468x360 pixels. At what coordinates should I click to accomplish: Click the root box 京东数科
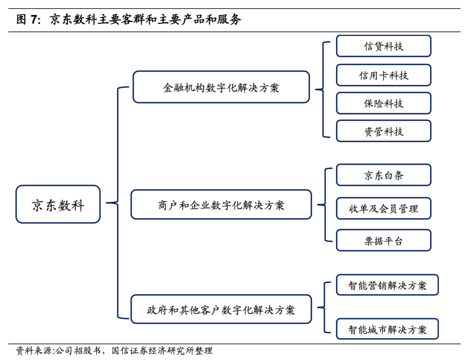click(x=58, y=204)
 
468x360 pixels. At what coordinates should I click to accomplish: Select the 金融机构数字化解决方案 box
click(x=221, y=87)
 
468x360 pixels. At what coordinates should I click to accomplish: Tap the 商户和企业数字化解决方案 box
click(x=221, y=204)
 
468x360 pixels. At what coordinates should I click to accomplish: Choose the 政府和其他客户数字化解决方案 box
click(x=221, y=309)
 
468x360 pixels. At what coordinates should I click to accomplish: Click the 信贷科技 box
click(x=383, y=46)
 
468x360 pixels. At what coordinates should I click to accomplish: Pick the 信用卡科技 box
click(x=383, y=75)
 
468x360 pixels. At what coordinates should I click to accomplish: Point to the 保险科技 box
click(x=383, y=103)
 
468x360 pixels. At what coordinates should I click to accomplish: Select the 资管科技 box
click(x=383, y=131)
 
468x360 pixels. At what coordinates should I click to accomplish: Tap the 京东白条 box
click(x=383, y=175)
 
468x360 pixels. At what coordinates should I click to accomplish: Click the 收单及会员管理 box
click(x=383, y=208)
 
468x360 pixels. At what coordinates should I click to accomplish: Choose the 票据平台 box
click(x=383, y=241)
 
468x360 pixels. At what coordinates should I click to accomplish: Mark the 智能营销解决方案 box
click(x=387, y=285)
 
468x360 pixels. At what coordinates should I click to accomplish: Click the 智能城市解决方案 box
click(x=387, y=329)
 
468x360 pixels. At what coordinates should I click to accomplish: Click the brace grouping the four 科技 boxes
click(x=323, y=89)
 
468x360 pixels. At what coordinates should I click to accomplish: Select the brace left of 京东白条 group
click(x=325, y=204)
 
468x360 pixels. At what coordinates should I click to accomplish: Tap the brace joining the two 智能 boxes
click(x=325, y=308)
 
